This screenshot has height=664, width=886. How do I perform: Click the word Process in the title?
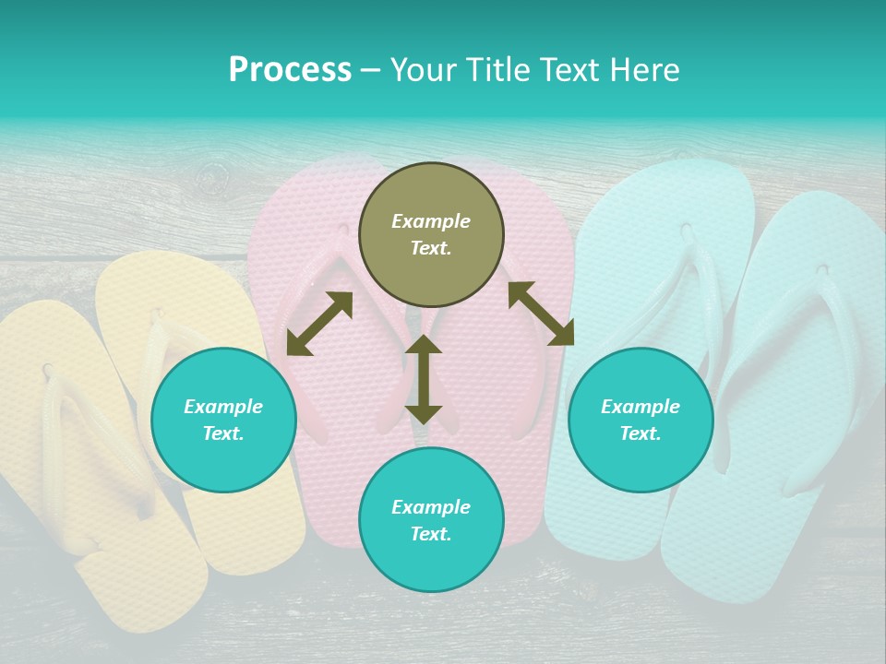tap(290, 70)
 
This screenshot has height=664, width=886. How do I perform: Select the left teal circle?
tap(223, 420)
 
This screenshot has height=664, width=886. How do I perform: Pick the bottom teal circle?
tap(431, 520)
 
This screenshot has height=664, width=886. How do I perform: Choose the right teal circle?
tap(641, 420)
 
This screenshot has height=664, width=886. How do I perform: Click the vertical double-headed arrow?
tap(424, 379)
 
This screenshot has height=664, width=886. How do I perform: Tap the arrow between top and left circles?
tap(319, 324)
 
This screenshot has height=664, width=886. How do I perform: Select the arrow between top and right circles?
tap(541, 314)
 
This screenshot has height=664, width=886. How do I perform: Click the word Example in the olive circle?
tap(431, 221)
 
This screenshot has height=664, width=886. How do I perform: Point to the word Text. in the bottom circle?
tap(431, 534)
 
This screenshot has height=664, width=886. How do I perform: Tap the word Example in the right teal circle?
tap(641, 407)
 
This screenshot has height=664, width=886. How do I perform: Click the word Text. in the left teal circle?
tap(223, 433)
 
